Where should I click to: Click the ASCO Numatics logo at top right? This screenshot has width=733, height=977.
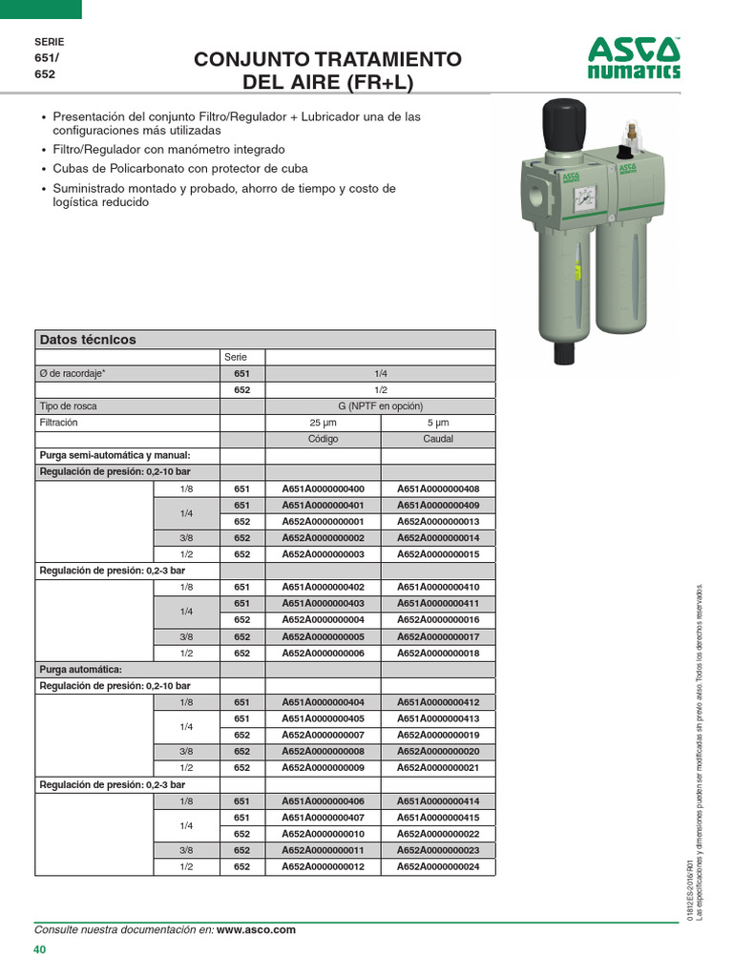tap(634, 59)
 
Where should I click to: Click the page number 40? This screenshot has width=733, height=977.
tap(39, 949)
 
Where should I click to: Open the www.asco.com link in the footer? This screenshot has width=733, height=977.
tap(256, 929)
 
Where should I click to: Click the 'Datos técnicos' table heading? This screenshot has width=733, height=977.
tap(88, 340)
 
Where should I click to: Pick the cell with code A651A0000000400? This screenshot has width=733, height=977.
tap(323, 488)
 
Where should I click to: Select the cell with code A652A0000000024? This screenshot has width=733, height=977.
tap(438, 866)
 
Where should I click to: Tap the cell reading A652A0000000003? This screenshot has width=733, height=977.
tap(323, 554)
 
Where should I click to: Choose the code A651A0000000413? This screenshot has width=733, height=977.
tap(438, 718)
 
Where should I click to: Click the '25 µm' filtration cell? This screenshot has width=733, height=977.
tap(323, 422)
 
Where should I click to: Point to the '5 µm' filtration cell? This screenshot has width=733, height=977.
tap(438, 422)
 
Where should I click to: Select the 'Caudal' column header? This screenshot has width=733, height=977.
tap(438, 439)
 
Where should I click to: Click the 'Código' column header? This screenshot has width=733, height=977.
tap(323, 439)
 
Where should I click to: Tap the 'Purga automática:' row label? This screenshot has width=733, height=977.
tap(80, 669)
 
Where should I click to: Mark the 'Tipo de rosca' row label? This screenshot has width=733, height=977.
tap(68, 405)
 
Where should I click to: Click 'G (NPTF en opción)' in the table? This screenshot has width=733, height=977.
tap(380, 405)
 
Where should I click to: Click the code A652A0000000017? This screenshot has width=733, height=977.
tap(438, 636)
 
